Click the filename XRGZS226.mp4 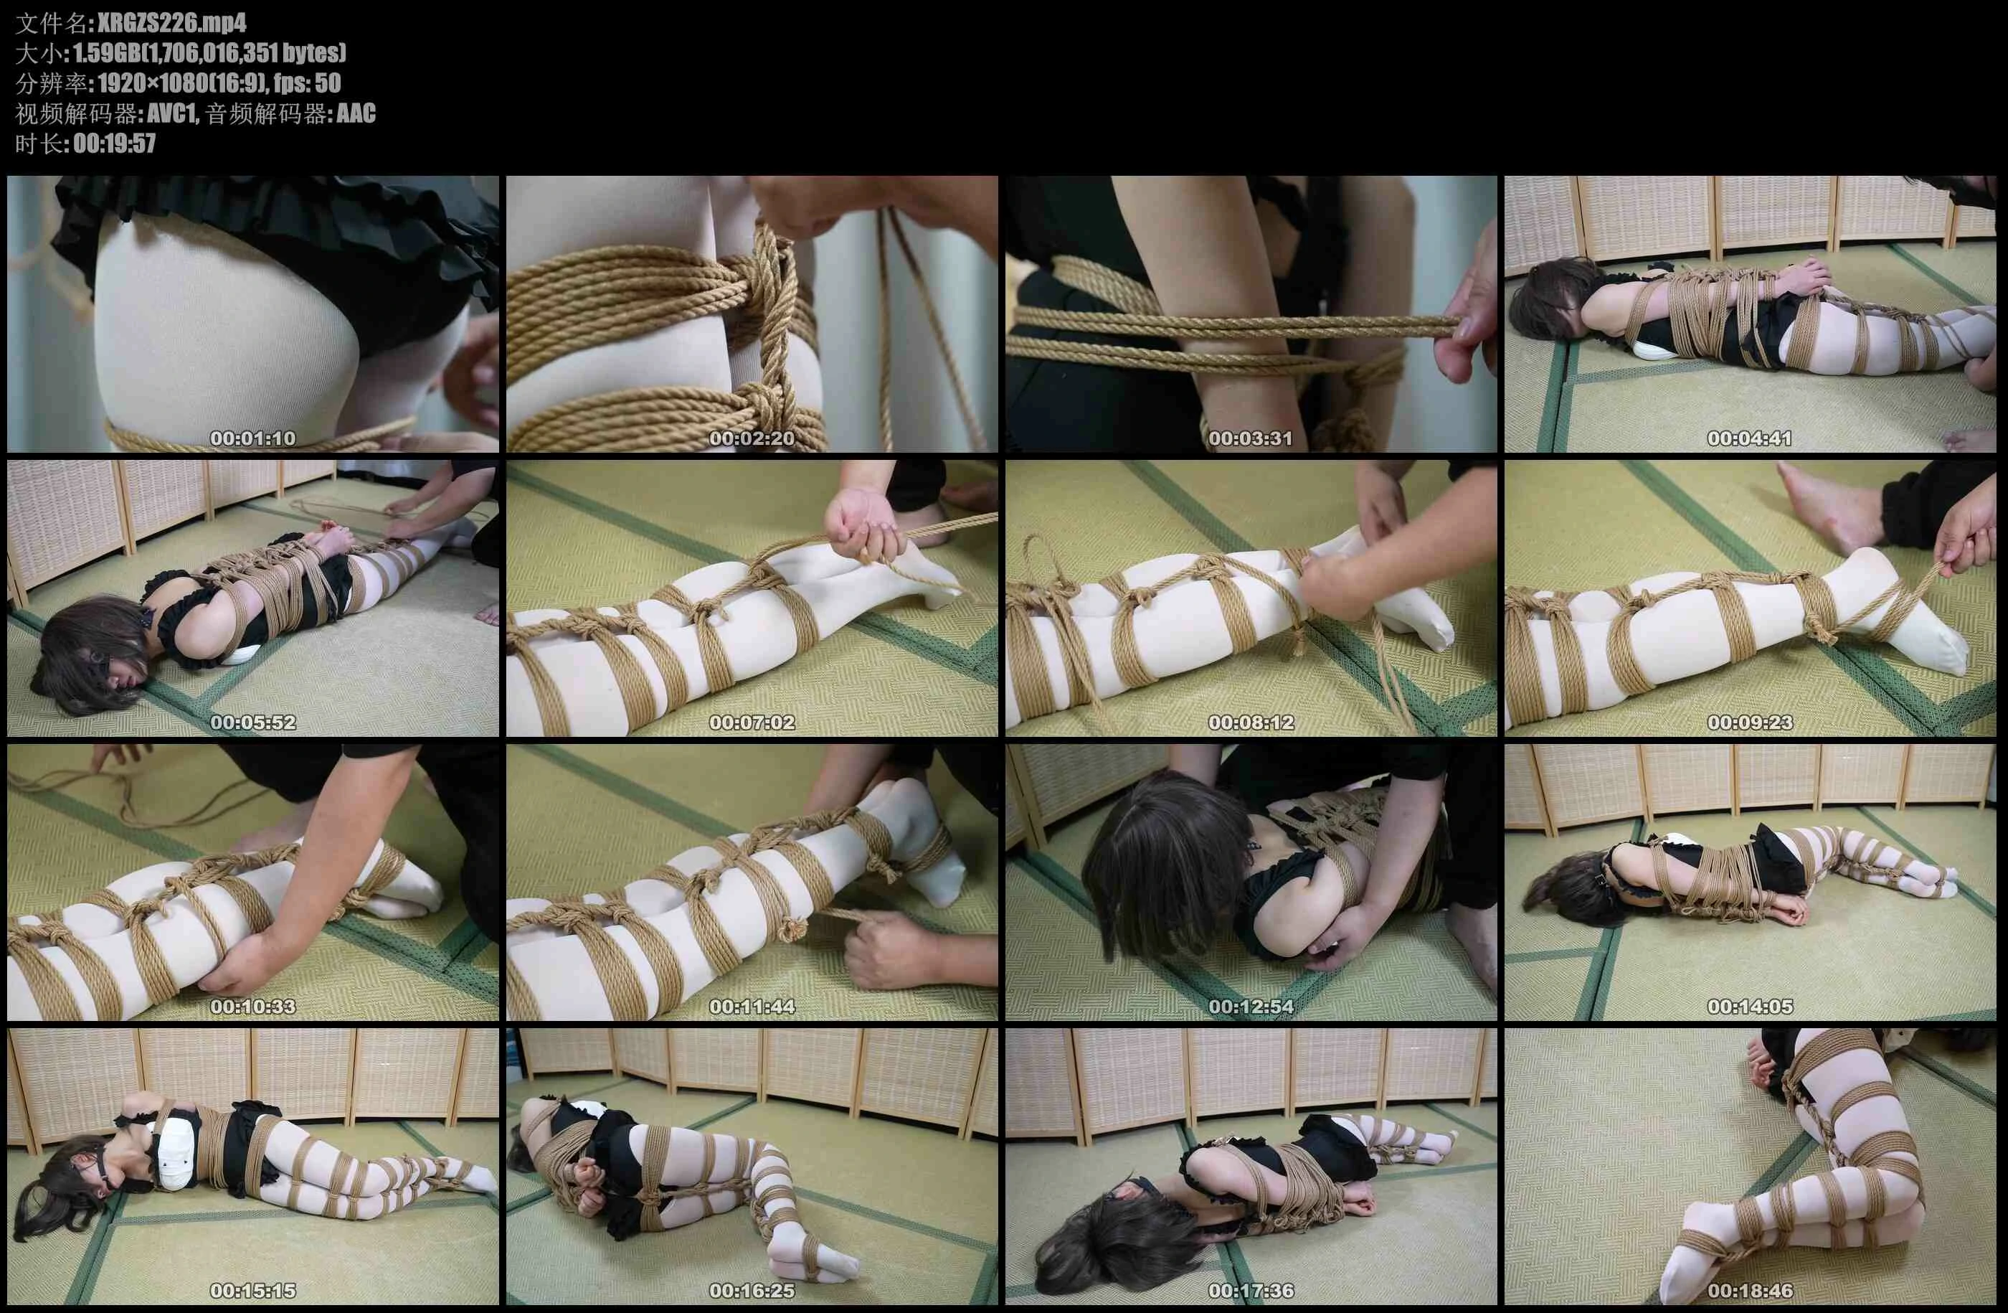(171, 23)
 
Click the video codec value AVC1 (171, 113)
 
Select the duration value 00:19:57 (115, 143)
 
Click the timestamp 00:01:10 (253, 438)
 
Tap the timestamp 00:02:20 (752, 438)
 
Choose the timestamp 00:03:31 (1251, 438)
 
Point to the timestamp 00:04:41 (1749, 438)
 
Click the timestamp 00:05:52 (253, 723)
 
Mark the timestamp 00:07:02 (752, 723)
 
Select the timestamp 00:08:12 (1251, 723)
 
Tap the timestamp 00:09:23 (1749, 723)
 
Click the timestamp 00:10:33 (253, 1007)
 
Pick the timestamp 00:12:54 (1251, 1007)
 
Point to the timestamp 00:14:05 (1749, 1007)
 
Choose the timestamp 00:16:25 (752, 1291)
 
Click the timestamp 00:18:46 (1749, 1291)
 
